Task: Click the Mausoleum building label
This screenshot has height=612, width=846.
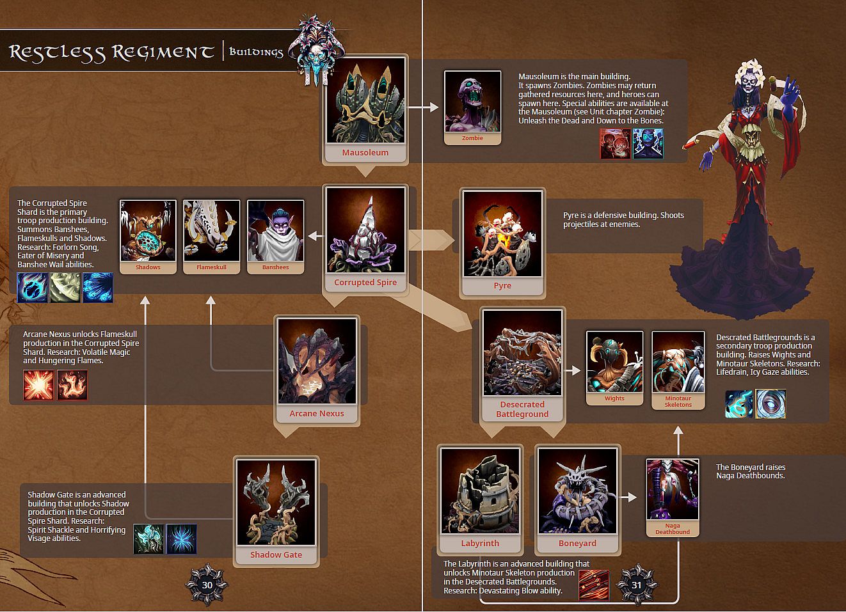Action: (365, 152)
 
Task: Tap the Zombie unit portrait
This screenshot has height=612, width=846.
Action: (472, 101)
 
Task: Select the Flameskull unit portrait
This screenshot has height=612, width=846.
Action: (211, 230)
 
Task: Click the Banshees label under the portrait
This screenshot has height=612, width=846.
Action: (275, 267)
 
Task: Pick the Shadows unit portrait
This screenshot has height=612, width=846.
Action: (148, 230)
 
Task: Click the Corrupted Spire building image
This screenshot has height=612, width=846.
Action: (365, 230)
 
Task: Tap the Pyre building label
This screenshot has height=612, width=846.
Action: (502, 286)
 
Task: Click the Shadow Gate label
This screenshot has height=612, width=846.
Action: (276, 554)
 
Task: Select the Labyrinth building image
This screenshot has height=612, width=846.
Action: (480, 491)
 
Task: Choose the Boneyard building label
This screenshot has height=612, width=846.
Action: (577, 544)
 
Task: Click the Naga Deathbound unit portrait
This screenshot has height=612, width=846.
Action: (673, 489)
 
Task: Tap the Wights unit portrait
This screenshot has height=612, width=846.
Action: (614, 362)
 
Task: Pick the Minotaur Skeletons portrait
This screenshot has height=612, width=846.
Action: (678, 362)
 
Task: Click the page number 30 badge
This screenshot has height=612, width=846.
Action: (207, 585)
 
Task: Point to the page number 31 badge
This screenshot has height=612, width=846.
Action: (637, 585)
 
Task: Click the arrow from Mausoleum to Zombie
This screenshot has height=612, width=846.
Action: (423, 107)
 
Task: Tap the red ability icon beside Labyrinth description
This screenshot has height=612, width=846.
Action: (594, 585)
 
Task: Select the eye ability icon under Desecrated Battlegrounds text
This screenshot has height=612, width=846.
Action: (770, 404)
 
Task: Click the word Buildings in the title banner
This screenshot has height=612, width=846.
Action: (256, 52)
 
